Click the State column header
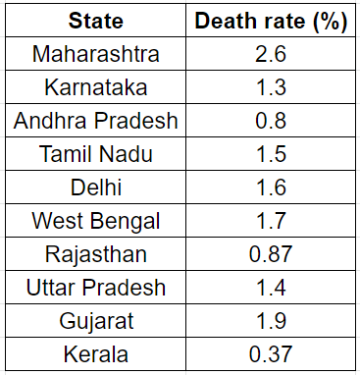(x=96, y=20)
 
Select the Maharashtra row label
(x=96, y=53)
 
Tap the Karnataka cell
(x=96, y=87)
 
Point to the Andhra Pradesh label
(x=96, y=121)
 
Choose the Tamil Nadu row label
(x=96, y=154)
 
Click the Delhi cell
(x=96, y=187)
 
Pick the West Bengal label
(x=96, y=221)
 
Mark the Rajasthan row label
(x=96, y=254)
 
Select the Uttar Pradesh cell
(x=96, y=288)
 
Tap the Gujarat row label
(x=96, y=321)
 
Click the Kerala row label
(x=96, y=354)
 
